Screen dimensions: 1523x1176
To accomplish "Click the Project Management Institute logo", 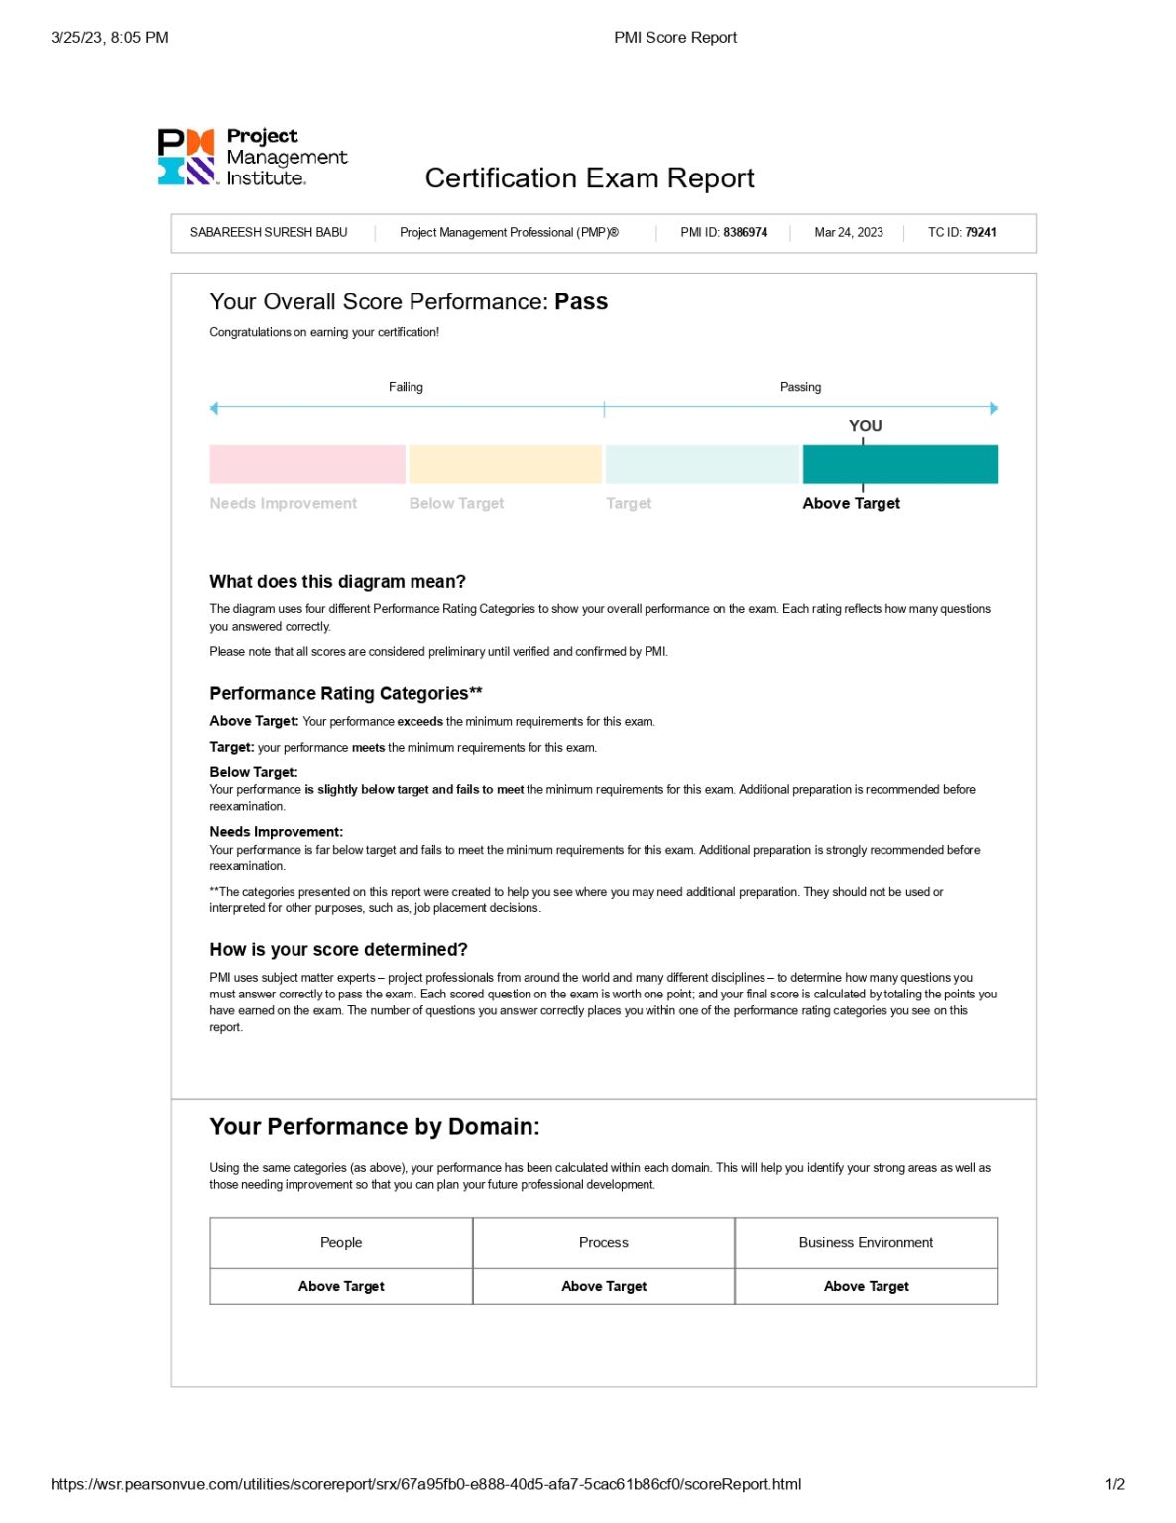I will [x=252, y=158].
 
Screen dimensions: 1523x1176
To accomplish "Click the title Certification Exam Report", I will [x=589, y=178].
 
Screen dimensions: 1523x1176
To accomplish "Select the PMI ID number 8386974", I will [x=745, y=233].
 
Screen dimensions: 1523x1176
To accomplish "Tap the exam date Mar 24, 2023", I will [x=848, y=233].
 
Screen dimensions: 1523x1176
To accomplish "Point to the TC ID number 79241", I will [x=980, y=233].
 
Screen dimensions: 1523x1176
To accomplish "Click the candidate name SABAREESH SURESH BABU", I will [x=269, y=233].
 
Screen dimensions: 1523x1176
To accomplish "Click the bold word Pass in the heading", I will [x=581, y=302].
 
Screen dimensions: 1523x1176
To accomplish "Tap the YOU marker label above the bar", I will [x=865, y=426].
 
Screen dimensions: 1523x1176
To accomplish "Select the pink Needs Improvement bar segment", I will [x=307, y=464].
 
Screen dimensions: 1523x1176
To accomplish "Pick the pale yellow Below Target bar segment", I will [x=505, y=464].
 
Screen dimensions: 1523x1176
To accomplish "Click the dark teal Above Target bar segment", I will [x=899, y=464].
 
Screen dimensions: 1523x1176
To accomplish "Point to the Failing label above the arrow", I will [x=406, y=387].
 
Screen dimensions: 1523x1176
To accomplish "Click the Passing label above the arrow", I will [x=800, y=387].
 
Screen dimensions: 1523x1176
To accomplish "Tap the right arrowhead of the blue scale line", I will [x=994, y=409].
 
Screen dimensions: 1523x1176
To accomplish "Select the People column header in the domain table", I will [x=341, y=1243].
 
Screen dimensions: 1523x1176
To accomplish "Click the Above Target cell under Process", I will [x=604, y=1287].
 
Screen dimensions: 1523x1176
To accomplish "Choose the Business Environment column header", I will [x=866, y=1243].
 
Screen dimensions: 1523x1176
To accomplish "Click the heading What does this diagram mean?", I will [x=337, y=582].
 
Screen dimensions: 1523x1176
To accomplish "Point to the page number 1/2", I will [x=1115, y=1484].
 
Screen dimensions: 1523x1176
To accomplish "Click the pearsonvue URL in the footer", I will [x=425, y=1484].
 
